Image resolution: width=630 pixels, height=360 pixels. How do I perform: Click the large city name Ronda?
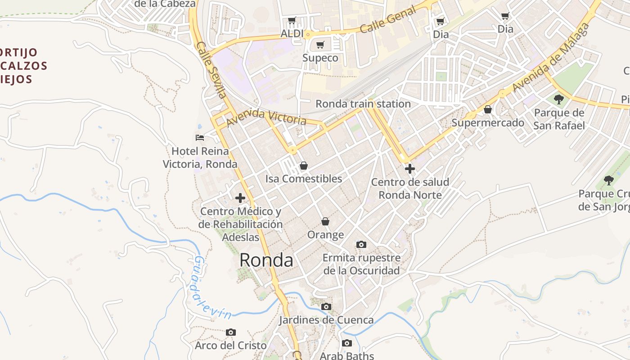[266, 260]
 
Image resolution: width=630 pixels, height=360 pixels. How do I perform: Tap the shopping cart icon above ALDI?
[292, 21]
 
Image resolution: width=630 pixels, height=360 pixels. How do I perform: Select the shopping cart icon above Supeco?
[320, 45]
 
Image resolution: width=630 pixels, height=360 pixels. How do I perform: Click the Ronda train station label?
[363, 103]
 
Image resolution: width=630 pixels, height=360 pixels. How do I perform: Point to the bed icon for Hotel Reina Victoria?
[200, 137]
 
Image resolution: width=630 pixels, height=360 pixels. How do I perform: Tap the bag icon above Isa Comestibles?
[304, 166]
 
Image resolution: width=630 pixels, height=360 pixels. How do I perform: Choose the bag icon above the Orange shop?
[325, 221]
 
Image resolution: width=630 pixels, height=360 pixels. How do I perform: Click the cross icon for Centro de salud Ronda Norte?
[409, 169]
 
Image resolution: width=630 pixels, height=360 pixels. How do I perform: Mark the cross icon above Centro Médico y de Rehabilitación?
[240, 198]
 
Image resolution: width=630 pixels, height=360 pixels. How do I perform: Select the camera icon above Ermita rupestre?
[361, 245]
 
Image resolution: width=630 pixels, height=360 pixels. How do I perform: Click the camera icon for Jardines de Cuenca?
[326, 307]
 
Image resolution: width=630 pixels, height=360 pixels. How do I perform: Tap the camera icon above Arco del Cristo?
[230, 333]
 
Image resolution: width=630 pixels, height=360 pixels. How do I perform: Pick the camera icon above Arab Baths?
[346, 343]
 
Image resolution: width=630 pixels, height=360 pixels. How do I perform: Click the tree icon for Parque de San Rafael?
[559, 99]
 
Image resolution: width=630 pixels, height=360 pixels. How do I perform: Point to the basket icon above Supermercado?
[487, 109]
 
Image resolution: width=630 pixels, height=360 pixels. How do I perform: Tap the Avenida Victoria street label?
[266, 117]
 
